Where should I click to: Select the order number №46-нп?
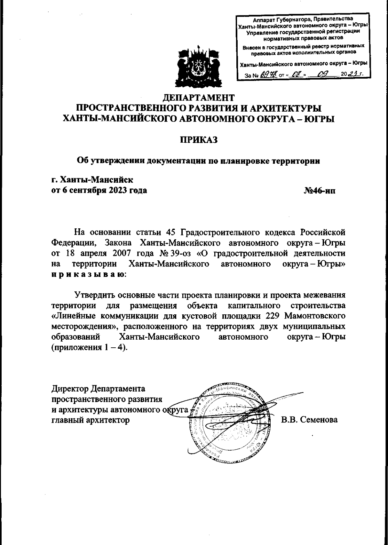(x=319, y=191)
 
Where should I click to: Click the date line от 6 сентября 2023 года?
(x=99, y=191)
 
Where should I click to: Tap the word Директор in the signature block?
(x=70, y=388)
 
